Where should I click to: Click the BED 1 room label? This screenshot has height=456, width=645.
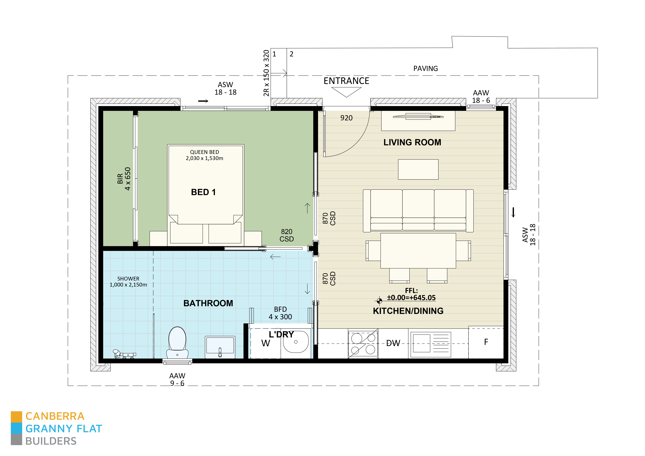pyautogui.click(x=203, y=192)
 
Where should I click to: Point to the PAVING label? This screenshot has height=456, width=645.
pyautogui.click(x=425, y=69)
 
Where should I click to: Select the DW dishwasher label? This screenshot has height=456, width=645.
pyautogui.click(x=393, y=343)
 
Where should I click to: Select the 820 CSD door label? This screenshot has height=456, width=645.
pyautogui.click(x=287, y=235)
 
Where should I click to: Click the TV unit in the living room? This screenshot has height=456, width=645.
pyautogui.click(x=418, y=121)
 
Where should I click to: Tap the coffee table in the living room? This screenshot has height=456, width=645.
pyautogui.click(x=418, y=169)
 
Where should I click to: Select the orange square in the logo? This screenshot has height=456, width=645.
pyautogui.click(x=16, y=417)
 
